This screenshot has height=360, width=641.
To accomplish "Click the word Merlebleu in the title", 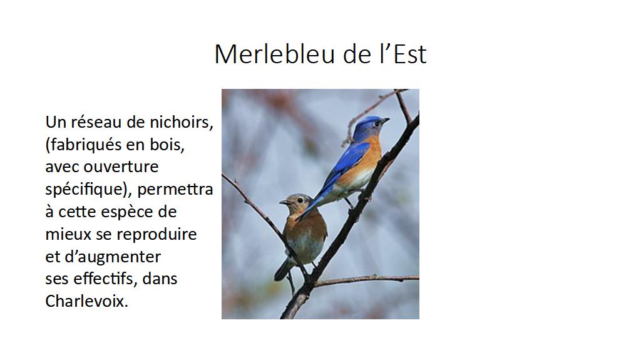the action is coord(275,54).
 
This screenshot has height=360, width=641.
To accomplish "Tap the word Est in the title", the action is coord(410,54).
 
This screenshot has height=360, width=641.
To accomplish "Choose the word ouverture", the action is coord(121,167).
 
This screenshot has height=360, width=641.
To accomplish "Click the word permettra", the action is coord(175,190).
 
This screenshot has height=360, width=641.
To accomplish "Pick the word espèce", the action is coord(128,212).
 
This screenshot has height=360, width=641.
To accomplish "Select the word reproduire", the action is coord(156,235).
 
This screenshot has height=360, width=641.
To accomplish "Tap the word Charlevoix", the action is coord(86,302).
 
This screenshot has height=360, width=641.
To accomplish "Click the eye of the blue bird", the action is coord(376,123).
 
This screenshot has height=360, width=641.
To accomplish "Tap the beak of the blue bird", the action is coord(385,120).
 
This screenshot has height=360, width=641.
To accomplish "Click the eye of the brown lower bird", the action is coord(300,200).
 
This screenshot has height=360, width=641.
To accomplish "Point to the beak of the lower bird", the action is coord(284,202).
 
